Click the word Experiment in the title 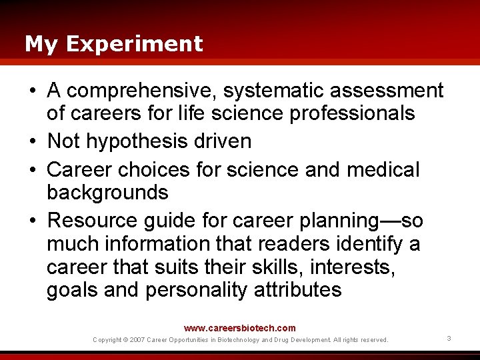click(x=134, y=44)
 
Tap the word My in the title click(x=41, y=44)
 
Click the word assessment click(x=387, y=90)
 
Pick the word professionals click(x=352, y=113)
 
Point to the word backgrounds click(x=107, y=193)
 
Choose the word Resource click(x=89, y=220)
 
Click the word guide click(x=164, y=220)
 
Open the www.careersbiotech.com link click(x=240, y=328)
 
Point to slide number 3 click(x=449, y=339)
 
